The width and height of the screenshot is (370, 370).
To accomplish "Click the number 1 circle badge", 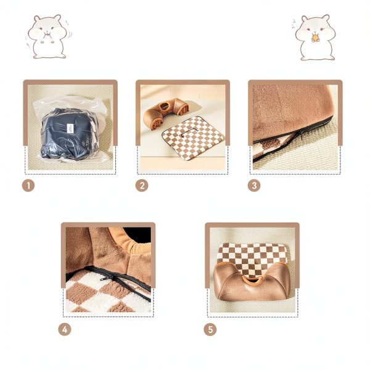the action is pos(28,186).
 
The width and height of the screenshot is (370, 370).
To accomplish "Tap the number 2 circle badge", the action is pos(142,186).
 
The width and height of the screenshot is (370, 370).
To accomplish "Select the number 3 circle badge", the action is pos(254,186).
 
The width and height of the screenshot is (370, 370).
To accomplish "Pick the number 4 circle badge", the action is pos(65,329).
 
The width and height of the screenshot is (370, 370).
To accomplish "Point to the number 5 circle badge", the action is pos(210,329).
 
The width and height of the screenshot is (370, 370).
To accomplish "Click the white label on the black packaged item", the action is pos(70,128).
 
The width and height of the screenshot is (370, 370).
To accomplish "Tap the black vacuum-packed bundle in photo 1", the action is pos(70,133).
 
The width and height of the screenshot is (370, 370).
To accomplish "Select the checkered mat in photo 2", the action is pos(193,138).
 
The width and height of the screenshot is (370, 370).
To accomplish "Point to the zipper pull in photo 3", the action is pos(301,134).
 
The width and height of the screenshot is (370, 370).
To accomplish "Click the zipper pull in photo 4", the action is pos(105,279).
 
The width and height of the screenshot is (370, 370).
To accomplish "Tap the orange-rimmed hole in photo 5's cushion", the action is pos(252,280).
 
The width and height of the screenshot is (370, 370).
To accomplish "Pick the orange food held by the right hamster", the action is pos(314,38).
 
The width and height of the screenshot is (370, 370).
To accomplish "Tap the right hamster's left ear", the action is pos(305,18).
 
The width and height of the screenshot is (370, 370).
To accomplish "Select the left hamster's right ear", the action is pos(57,18).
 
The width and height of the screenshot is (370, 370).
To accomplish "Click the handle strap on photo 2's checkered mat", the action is pos(191,132).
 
